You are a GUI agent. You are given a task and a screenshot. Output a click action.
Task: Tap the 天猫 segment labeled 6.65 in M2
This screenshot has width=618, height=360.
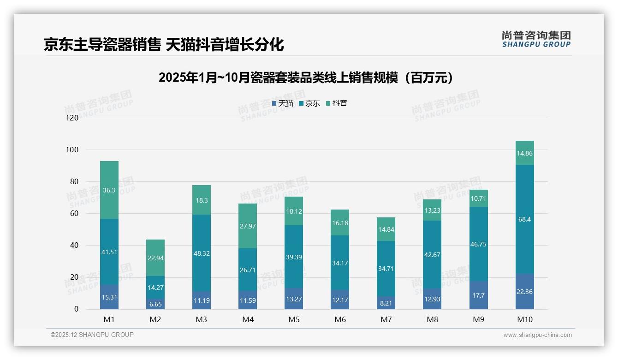pyautogui.click(x=155, y=304)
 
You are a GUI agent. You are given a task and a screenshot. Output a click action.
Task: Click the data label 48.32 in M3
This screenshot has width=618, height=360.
pyautogui.click(x=202, y=253)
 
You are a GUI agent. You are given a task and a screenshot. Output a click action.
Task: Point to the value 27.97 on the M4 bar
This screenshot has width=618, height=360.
pyautogui.click(x=248, y=226)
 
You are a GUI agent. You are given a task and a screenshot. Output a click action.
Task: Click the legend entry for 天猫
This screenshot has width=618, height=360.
pyautogui.click(x=283, y=103)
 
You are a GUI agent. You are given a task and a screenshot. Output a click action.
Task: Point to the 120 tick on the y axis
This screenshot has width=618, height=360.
pyautogui.click(x=72, y=118)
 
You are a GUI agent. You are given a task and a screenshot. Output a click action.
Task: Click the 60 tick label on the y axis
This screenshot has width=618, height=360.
pyautogui.click(x=74, y=213)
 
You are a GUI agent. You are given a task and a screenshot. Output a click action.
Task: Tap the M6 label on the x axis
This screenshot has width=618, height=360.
pyautogui.click(x=340, y=319)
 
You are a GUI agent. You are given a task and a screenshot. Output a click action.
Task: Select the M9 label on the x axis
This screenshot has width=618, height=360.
pyautogui.click(x=478, y=319)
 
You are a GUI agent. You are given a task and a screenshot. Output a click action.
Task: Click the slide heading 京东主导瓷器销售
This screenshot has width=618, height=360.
pyautogui.click(x=164, y=44)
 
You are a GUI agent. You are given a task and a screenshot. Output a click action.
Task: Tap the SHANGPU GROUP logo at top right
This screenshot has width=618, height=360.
pyautogui.click(x=536, y=39)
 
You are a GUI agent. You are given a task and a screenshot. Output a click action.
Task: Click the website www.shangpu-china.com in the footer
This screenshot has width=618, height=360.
pyautogui.click(x=537, y=335)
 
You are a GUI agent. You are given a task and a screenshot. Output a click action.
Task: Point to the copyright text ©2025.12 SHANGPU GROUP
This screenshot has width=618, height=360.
pyautogui.click(x=92, y=335)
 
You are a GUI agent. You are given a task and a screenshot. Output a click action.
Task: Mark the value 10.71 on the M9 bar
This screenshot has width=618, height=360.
pyautogui.click(x=478, y=198)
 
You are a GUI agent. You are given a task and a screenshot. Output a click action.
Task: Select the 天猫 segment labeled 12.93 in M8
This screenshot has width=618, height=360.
pyautogui.click(x=432, y=299)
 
